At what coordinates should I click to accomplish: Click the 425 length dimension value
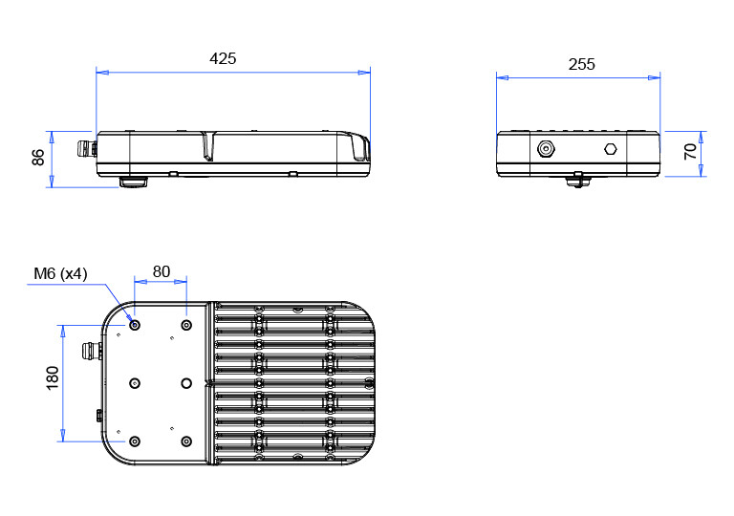point(223,58)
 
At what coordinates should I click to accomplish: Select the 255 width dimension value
point(582,64)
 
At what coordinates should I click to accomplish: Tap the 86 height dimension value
point(38,158)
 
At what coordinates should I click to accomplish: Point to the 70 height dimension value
point(690,151)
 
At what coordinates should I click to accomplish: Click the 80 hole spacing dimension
point(161,271)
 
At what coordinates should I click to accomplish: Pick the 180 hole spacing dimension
point(53,377)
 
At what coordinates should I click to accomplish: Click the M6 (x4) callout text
point(60,273)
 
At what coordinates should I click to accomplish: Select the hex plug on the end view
point(611,149)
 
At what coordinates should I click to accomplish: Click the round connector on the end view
point(546,149)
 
